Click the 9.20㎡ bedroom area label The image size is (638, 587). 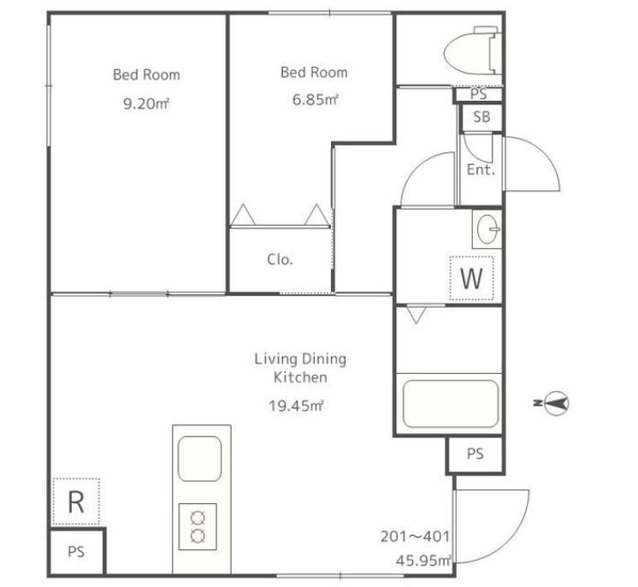click(146, 104)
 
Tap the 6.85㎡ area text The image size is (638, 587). click(316, 100)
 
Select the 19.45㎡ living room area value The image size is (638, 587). click(296, 406)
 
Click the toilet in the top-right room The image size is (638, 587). click(472, 50)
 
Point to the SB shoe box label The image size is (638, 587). click(481, 117)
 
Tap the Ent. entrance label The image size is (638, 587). click(481, 169)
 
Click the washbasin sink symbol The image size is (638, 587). click(488, 229)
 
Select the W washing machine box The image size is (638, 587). click(471, 278)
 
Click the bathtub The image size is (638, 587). click(451, 404)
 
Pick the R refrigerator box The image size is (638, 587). click(76, 502)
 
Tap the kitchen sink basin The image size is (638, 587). click(200, 459)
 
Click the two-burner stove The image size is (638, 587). click(198, 526)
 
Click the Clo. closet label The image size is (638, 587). click(281, 259)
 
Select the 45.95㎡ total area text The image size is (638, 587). click(423, 560)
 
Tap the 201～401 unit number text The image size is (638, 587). click(415, 537)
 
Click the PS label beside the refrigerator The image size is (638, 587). click(76, 552)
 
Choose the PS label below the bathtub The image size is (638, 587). click(476, 454)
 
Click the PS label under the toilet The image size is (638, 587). click(479, 94)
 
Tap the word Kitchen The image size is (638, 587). click(300, 377)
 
